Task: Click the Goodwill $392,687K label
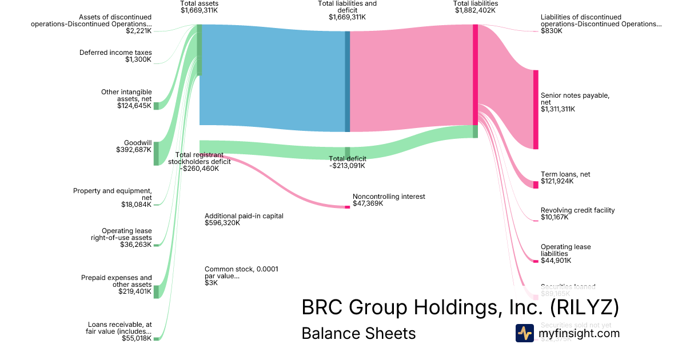(134, 146)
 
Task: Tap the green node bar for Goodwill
(155, 154)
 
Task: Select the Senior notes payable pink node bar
(536, 109)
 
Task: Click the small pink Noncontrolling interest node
(347, 207)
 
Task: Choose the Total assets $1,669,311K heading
(199, 7)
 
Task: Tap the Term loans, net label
(565, 178)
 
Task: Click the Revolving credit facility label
(577, 214)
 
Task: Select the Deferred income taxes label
(115, 56)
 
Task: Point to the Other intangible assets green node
(155, 106)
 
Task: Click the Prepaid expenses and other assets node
(155, 291)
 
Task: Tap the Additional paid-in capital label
(244, 219)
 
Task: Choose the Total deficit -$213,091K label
(347, 162)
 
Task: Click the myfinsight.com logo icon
(524, 333)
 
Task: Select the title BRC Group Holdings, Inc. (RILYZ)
(460, 307)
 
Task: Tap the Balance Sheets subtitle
(358, 333)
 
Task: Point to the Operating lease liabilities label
(565, 254)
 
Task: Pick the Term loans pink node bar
(536, 185)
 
